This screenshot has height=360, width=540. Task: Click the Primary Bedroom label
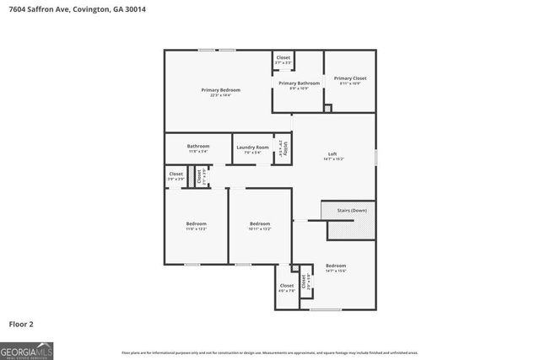point(220,89)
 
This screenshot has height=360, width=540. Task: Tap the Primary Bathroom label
point(299,83)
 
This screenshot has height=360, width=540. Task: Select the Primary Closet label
point(349,78)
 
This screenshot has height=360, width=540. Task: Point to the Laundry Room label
point(252,147)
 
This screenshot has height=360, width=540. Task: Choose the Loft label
point(332,153)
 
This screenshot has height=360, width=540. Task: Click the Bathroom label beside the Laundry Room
point(198,146)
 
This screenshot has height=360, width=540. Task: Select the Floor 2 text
point(21,323)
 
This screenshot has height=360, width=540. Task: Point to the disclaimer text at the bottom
point(269,352)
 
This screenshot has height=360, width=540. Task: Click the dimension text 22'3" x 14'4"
point(220,95)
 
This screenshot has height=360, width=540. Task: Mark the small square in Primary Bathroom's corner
point(328,107)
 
